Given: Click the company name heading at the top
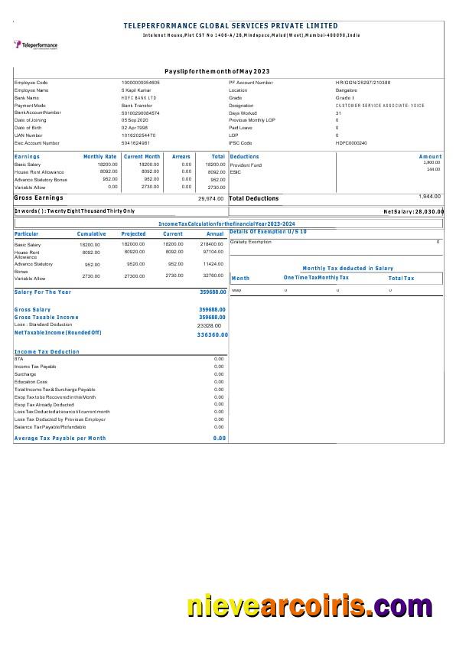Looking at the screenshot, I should tap(230, 26).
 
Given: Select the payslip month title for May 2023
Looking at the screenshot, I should tap(217, 71).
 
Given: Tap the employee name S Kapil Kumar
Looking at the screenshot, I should tap(136, 90).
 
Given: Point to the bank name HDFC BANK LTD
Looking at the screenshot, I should tap(138, 98).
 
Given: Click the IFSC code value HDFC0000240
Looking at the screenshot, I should tap(351, 143).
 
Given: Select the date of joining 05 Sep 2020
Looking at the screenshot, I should tap(134, 120).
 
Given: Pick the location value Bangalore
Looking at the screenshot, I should tap(346, 90).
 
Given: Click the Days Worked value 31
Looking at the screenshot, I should tap(338, 113).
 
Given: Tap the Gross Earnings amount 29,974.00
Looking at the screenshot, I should tap(210, 198).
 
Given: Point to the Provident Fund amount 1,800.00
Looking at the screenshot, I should tap(432, 162).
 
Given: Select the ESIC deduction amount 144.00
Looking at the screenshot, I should tap(433, 169).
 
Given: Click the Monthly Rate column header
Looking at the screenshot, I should tap(99, 156).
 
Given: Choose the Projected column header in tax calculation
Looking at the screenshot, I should tap(133, 234).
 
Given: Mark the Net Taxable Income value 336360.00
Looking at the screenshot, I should tap(212, 334).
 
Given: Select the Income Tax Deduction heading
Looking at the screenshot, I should tap(47, 351).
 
